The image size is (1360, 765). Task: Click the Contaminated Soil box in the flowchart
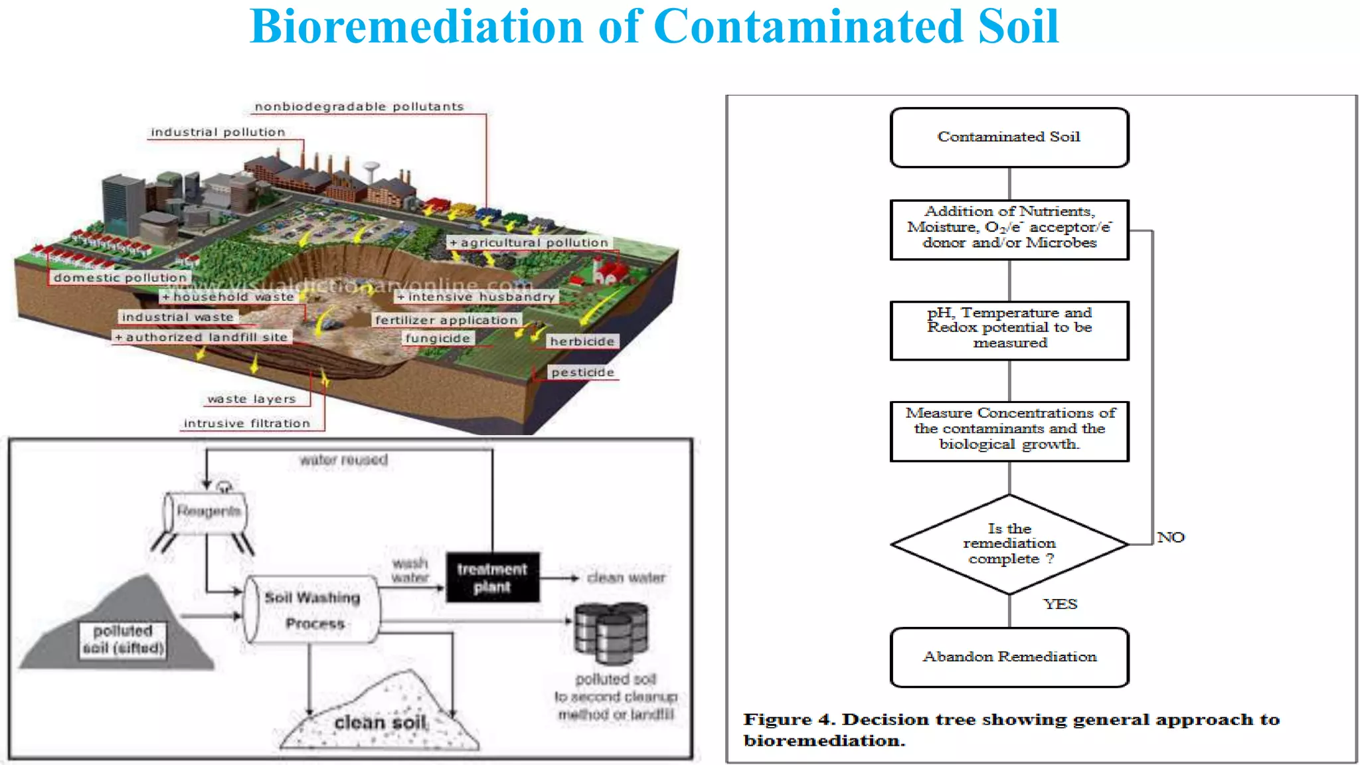[1009, 137]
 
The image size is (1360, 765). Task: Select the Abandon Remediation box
[1009, 657]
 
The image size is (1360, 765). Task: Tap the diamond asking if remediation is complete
[1009, 544]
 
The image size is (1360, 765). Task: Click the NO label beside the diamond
[1170, 537]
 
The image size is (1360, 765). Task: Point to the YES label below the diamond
[1060, 604]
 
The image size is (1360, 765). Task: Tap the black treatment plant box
[492, 578]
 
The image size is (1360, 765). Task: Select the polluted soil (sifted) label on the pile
[123, 639]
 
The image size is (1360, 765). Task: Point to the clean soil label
[381, 722]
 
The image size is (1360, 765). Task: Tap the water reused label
[343, 460]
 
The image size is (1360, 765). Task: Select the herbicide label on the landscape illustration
[582, 341]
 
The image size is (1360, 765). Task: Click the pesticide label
[582, 373]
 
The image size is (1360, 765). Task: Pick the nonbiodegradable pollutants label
[359, 107]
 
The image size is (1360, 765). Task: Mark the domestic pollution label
[120, 278]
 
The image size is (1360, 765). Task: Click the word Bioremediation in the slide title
[416, 28]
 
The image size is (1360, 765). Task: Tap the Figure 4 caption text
[1011, 729]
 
